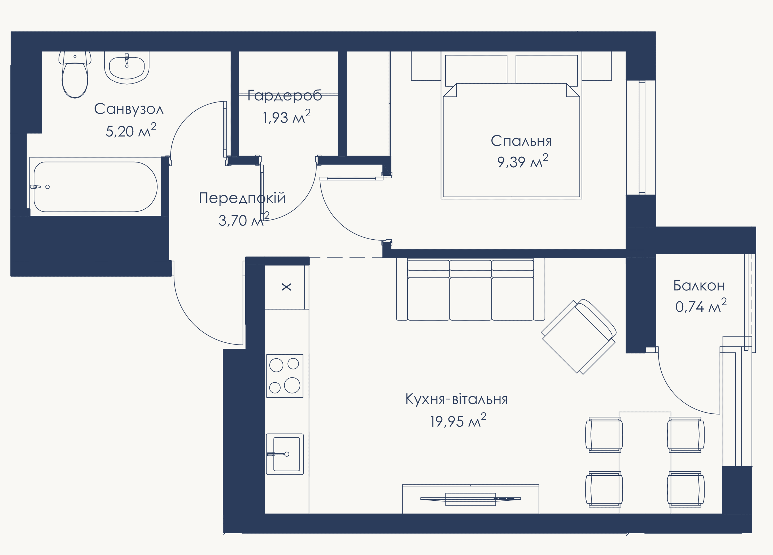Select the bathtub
click(95, 187)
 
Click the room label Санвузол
click(129, 109)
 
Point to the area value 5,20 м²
click(131, 130)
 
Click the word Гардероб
click(285, 96)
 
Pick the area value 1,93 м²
click(286, 117)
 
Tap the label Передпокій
click(242, 198)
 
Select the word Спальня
click(521, 141)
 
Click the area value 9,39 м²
click(522, 161)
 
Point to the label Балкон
click(699, 285)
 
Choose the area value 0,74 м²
click(701, 306)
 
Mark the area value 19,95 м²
click(458, 420)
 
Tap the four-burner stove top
click(285, 376)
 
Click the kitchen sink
click(285, 454)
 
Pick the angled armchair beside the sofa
click(579, 336)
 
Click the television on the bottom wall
click(470, 499)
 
